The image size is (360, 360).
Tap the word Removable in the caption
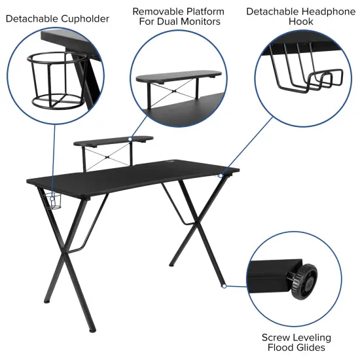[x=158, y=12]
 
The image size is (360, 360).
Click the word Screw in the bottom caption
[x=276, y=338]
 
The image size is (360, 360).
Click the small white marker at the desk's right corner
[x=222, y=175]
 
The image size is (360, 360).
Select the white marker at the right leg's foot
[x=224, y=286]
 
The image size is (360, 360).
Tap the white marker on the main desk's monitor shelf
[x=130, y=139]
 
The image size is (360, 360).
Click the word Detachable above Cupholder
[x=33, y=18]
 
